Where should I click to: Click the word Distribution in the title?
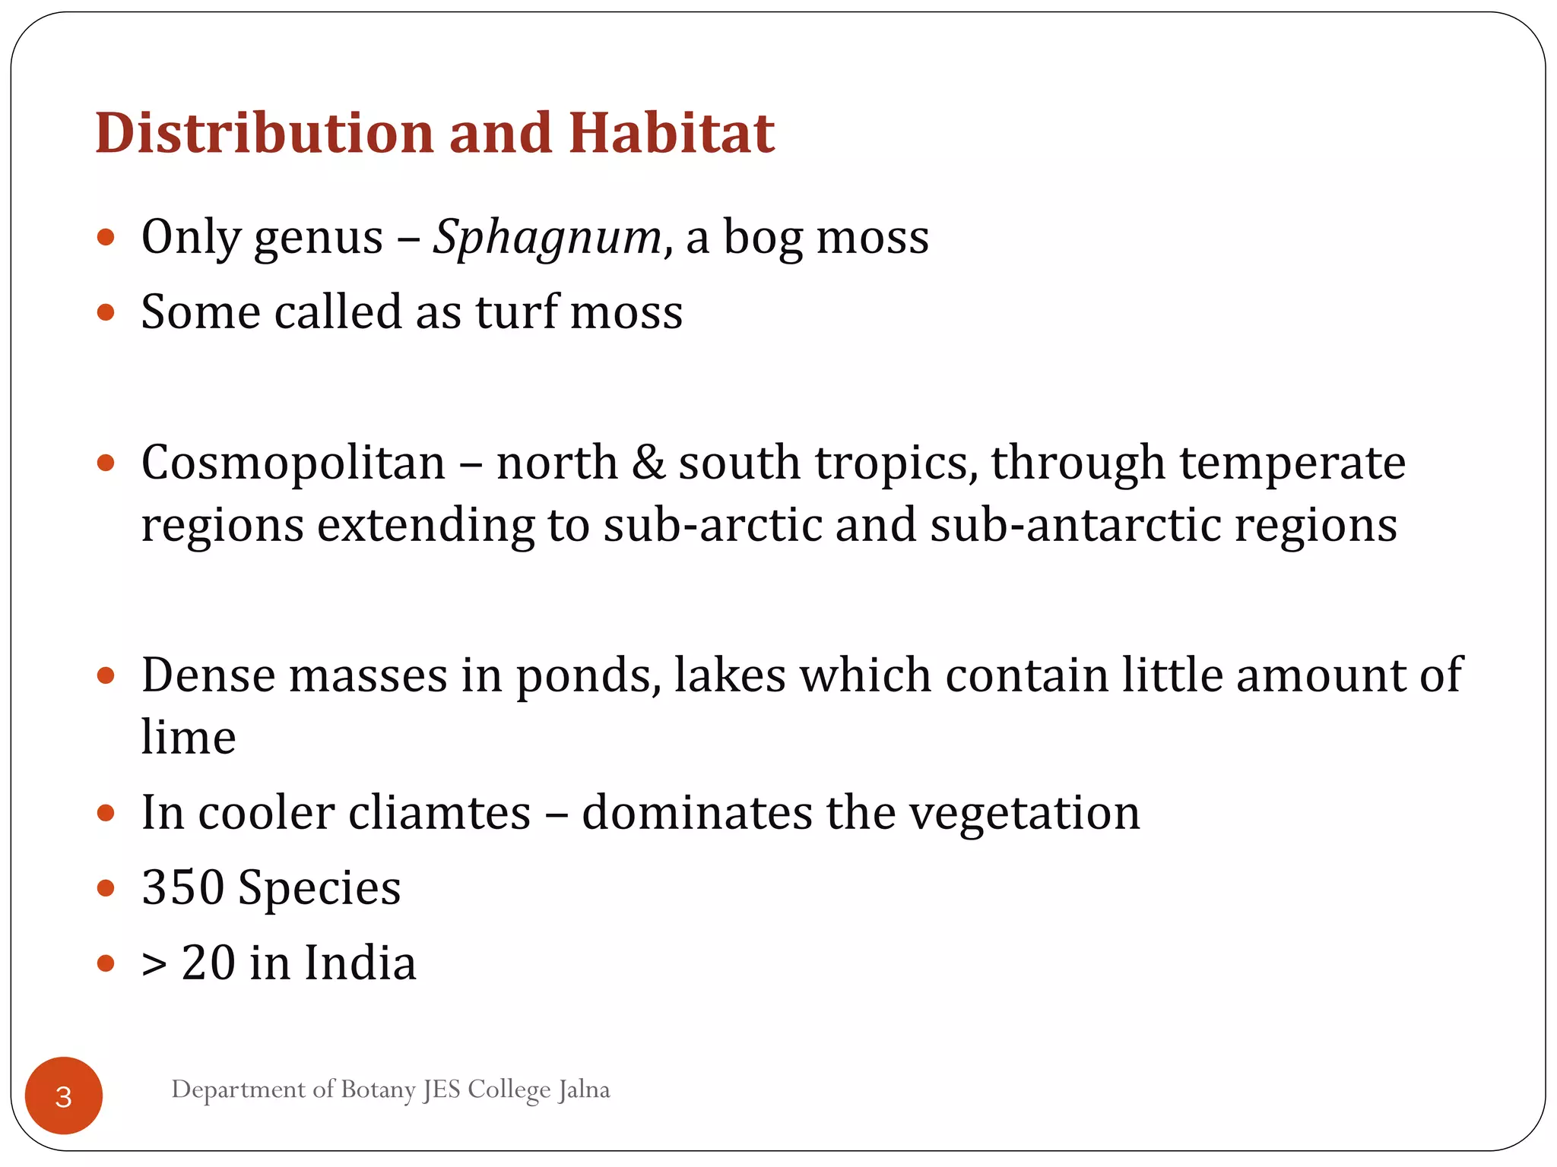264,133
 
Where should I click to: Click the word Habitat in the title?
671,133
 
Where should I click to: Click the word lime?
189,736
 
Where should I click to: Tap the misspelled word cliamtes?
440,812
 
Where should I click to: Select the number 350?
182,887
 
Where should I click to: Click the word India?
360,963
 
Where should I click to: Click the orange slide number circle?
64,1096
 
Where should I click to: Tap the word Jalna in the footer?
584,1090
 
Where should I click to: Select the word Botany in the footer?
378,1090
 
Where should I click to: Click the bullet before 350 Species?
106,887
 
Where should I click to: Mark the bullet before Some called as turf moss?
106,312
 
